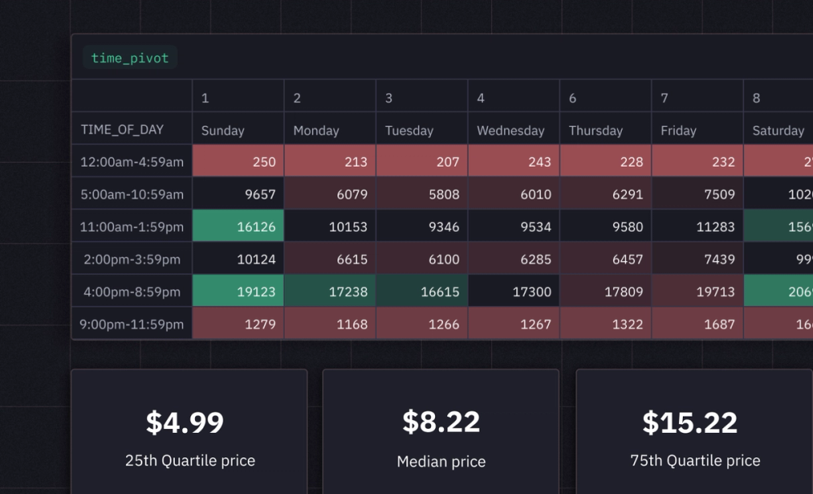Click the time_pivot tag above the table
(130, 59)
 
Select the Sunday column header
(223, 130)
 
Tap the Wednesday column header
(511, 130)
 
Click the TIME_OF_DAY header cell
(122, 129)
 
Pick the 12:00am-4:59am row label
(132, 162)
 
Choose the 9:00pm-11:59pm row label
(132, 324)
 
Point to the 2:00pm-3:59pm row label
(132, 260)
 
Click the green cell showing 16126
(238, 227)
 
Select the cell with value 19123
(238, 291)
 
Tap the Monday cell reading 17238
(330, 291)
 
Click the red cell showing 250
(238, 162)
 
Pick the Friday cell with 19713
(698, 291)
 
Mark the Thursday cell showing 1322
(606, 324)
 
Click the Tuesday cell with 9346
(422, 227)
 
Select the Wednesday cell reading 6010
(514, 195)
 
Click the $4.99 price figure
(185, 422)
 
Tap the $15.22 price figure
(690, 422)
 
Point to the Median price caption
(441, 461)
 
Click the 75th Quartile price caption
(695, 461)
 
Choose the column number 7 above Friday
(664, 98)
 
